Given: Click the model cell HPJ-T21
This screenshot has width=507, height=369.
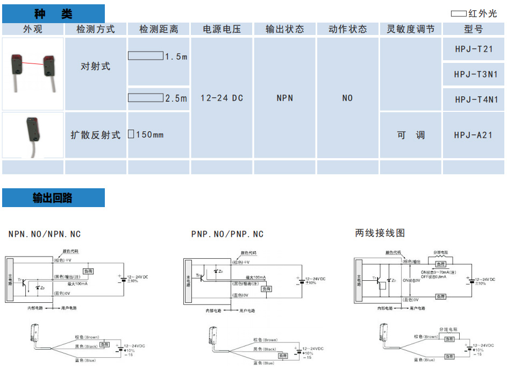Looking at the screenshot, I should point(473,49).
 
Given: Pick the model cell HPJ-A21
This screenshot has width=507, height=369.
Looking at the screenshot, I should point(473,135).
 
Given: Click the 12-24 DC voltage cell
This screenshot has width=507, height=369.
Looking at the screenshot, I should point(222,98).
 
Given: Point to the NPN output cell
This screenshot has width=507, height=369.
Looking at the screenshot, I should point(285,98).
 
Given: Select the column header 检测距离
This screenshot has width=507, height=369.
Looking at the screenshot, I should point(159,29).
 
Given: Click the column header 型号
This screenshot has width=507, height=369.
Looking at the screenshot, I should point(473,29).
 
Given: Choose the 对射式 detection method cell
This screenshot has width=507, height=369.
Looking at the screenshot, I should point(96,67).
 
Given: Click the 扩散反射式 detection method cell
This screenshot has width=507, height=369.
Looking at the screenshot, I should point(96,135).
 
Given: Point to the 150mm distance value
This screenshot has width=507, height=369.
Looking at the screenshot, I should point(149,134).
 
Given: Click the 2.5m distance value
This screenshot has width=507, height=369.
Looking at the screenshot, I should point(176,98).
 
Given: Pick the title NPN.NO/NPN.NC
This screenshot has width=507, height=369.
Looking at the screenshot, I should point(45,234).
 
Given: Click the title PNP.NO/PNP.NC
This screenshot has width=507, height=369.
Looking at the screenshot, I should point(227,234).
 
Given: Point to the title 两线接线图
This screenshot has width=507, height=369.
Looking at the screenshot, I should point(380,233).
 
